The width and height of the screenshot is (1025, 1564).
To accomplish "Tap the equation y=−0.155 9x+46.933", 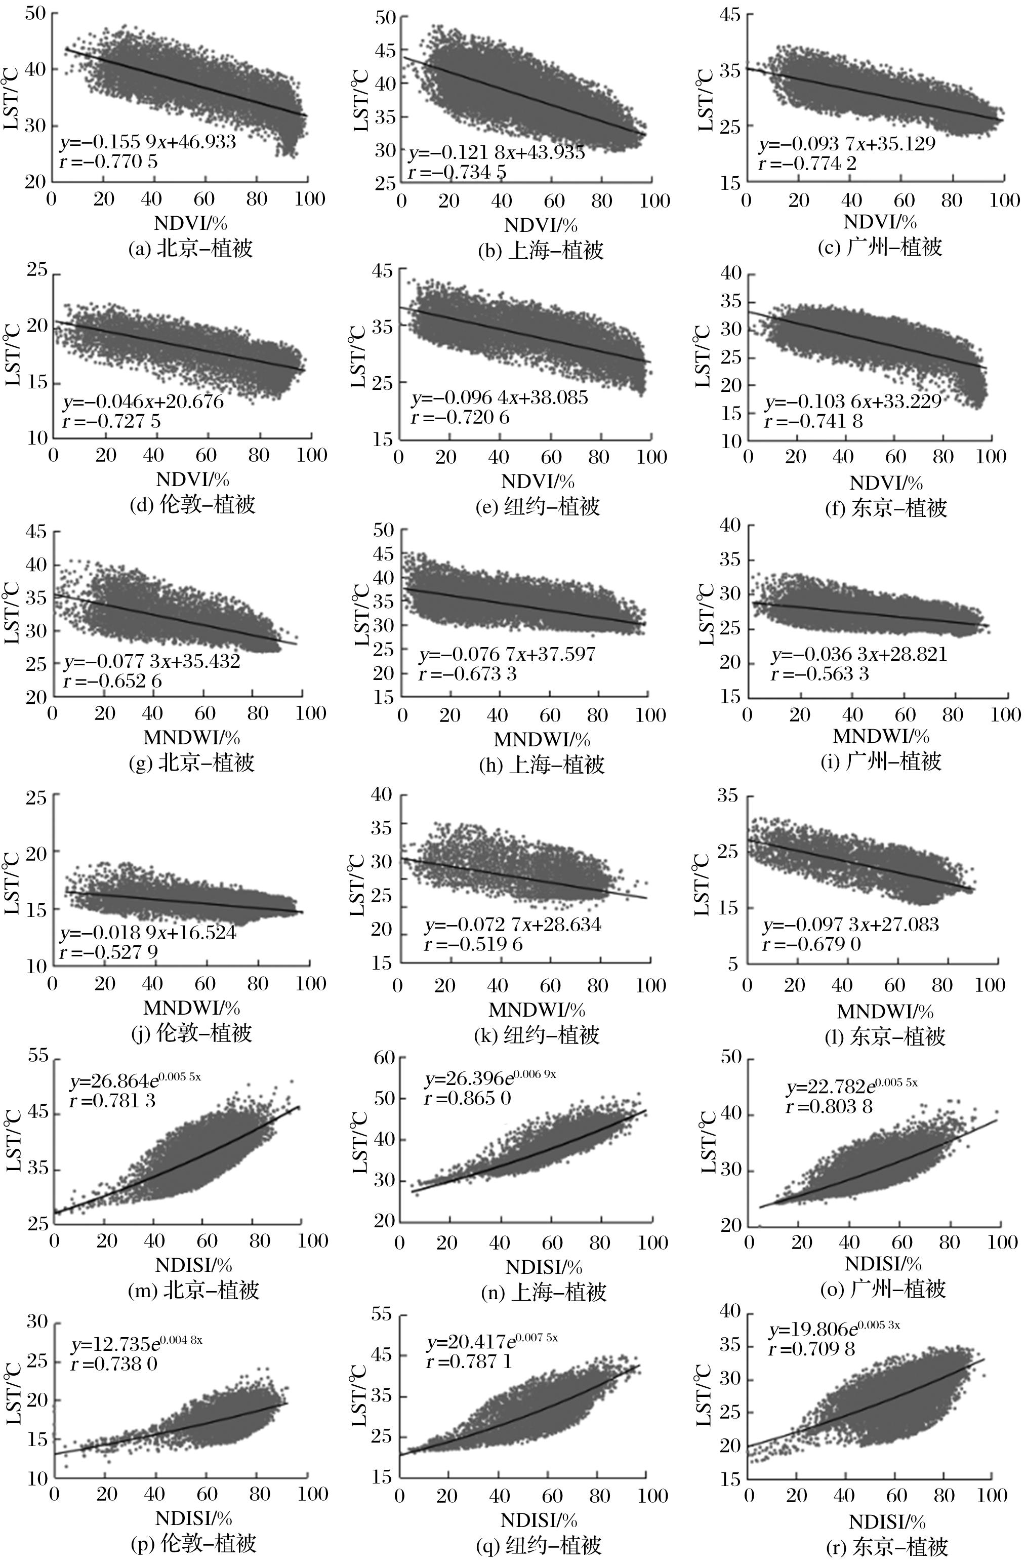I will [147, 141].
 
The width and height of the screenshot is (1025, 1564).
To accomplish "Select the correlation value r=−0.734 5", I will [457, 172].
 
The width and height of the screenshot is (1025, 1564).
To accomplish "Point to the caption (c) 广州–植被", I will [880, 247].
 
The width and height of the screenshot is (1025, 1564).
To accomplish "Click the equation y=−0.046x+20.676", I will [143, 401].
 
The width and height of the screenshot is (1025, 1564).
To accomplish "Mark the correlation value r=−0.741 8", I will [813, 421].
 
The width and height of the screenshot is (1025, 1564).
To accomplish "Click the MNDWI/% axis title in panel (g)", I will [192, 737].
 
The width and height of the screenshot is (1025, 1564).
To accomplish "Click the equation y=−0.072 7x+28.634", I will [512, 925].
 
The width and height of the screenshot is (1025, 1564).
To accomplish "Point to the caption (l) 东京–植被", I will [884, 1036].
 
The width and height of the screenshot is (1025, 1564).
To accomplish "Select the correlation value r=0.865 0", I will [467, 1097].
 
